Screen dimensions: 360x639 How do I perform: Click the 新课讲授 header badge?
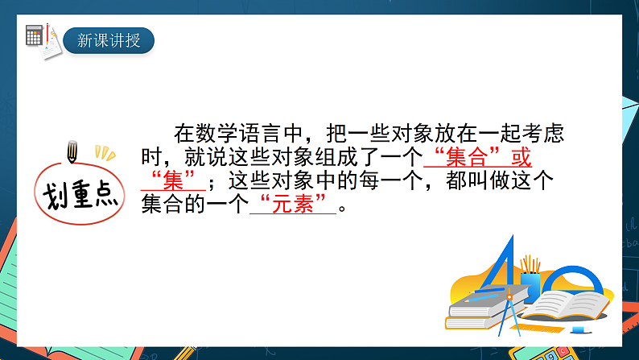click(x=109, y=39)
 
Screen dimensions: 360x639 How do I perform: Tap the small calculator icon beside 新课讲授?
click(x=35, y=35)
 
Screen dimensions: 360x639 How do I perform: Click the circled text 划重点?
click(x=77, y=192)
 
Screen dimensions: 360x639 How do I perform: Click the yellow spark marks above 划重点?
click(x=102, y=151)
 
